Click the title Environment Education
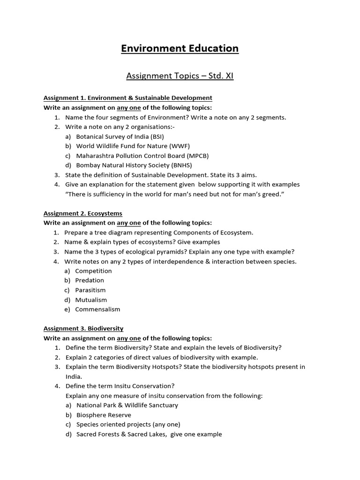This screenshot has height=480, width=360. click(180, 48)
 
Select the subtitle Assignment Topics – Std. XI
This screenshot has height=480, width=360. click(180, 75)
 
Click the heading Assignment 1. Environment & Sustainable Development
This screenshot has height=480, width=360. click(127, 98)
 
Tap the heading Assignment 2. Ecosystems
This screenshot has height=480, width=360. click(82, 213)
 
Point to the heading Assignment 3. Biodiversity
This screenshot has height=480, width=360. click(83, 329)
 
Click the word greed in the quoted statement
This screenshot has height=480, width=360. click(272, 194)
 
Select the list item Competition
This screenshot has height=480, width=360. click(93, 271)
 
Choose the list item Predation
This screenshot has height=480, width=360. click(90, 280)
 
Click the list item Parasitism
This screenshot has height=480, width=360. click(90, 290)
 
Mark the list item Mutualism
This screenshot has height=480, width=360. click(91, 300)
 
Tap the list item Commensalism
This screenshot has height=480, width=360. click(97, 309)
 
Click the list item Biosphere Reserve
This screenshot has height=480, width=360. click(104, 415)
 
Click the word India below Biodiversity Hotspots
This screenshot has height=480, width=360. click(73, 376)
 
